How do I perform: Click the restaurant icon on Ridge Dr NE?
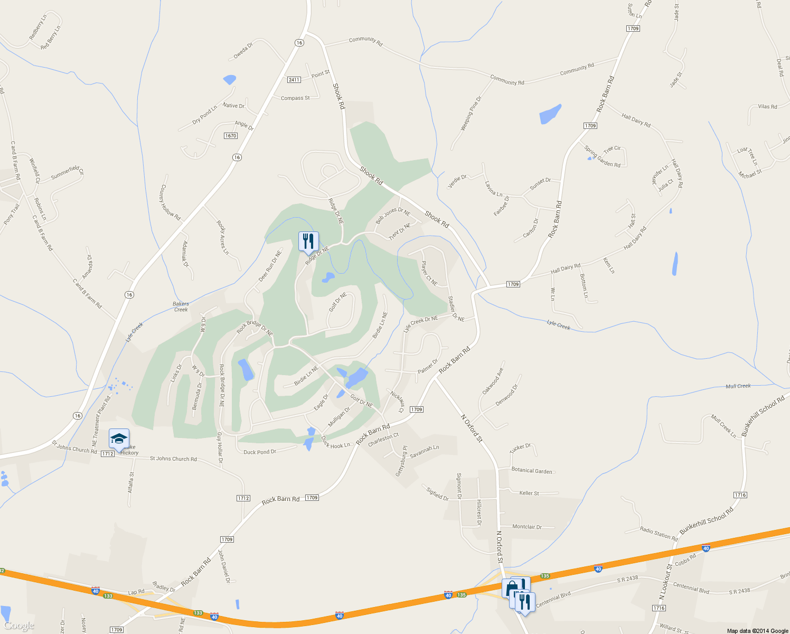(307, 241)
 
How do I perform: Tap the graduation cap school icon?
(119, 439)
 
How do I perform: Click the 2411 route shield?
(294, 80)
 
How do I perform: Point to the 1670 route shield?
(231, 136)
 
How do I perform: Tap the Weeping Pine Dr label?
(471, 114)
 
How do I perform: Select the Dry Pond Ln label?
(204, 115)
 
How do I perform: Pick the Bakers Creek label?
(181, 307)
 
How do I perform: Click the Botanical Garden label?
(532, 471)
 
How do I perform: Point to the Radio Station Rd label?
(659, 534)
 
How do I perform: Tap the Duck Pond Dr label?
(260, 452)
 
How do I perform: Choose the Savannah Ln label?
(425, 450)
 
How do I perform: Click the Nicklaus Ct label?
(397, 401)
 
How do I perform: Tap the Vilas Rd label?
(767, 107)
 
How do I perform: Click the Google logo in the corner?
(19, 626)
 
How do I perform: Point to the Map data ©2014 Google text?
(757, 631)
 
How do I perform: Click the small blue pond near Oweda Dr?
(229, 80)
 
